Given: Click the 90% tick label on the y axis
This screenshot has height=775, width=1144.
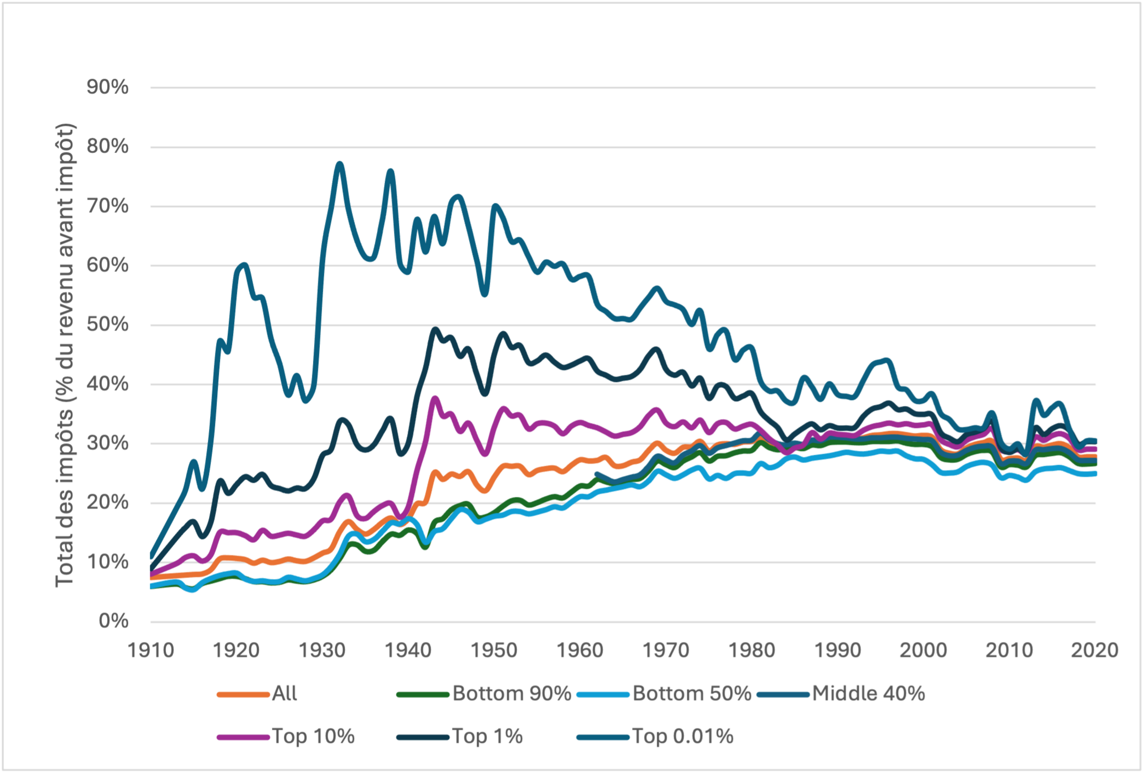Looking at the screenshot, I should point(107,87).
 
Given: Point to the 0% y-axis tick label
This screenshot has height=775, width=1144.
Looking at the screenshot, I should point(113,621).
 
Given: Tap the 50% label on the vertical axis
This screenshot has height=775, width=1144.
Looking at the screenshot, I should point(107,324).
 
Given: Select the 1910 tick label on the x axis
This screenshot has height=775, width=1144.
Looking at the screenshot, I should point(150,650).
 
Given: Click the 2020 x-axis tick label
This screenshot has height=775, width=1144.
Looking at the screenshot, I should point(1094,650).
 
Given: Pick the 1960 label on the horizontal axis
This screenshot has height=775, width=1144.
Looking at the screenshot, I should point(580,650).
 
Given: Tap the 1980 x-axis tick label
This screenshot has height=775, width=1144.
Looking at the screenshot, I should point(751,650).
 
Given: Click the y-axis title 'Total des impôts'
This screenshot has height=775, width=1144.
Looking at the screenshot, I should point(65,356).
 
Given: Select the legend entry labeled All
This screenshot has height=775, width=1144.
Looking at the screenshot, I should point(284,693).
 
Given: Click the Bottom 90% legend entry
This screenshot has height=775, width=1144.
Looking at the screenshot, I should point(512,693).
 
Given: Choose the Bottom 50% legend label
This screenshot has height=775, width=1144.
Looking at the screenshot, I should point(692,693).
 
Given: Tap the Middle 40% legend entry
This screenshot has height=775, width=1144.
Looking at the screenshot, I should point(868,693).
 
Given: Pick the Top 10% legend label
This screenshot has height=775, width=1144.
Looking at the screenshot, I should point(313,736).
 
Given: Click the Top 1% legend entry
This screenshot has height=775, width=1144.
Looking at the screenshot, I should point(487,736).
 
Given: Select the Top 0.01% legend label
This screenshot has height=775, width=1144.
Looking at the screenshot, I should point(682,736).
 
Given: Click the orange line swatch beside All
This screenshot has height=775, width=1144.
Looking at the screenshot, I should point(243,694).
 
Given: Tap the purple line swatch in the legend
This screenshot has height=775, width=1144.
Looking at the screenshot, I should point(243,737).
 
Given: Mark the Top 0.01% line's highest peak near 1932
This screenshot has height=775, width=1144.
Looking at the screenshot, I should point(340,164).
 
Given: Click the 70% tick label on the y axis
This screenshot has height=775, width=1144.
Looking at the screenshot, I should point(107,206).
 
